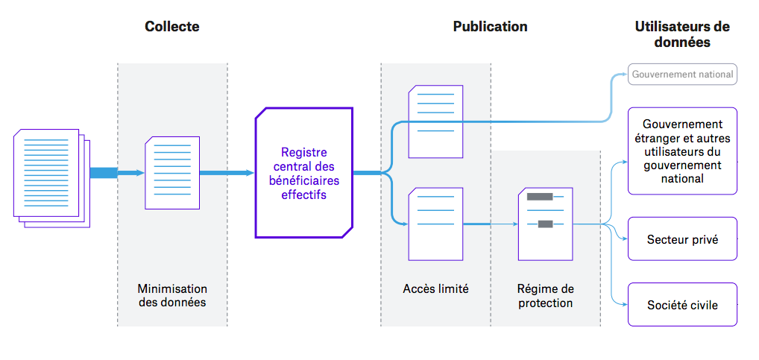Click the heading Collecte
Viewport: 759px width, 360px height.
click(x=172, y=27)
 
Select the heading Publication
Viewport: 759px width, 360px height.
click(x=490, y=27)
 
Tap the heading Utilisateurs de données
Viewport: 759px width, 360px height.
click(x=682, y=35)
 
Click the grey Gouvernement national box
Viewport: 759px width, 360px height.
click(x=682, y=75)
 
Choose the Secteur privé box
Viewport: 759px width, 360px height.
click(x=682, y=239)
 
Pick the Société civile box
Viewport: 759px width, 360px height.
click(x=682, y=305)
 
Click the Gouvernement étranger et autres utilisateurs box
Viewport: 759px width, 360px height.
click(x=682, y=151)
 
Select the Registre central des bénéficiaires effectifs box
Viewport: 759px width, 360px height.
click(x=303, y=173)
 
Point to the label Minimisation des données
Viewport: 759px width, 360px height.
click(x=172, y=295)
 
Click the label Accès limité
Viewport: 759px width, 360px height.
click(x=435, y=289)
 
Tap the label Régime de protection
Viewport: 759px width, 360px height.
click(x=546, y=295)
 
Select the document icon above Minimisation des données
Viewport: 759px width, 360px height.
click(x=172, y=173)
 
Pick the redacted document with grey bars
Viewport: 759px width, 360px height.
click(x=545, y=224)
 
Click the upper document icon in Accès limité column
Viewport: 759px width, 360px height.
click(x=435, y=121)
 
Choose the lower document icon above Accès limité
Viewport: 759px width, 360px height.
click(x=435, y=224)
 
